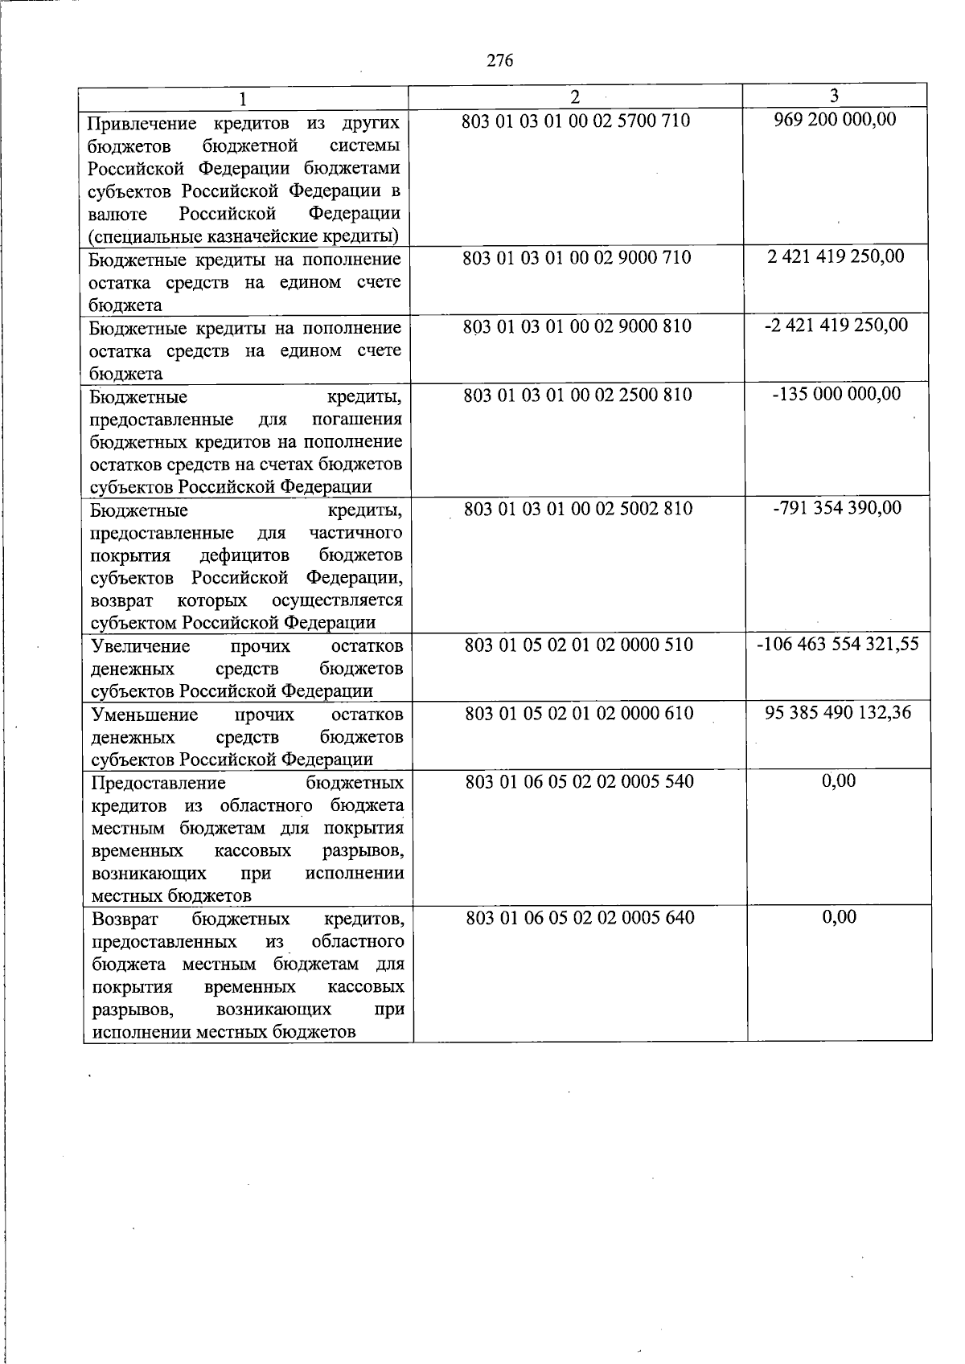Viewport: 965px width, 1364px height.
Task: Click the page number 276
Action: [499, 61]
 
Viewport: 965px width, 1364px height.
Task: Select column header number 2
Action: [574, 96]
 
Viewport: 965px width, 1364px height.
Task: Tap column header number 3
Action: [834, 96]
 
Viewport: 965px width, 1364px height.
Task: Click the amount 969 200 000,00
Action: [835, 120]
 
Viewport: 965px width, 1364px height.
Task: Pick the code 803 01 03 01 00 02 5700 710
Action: [576, 121]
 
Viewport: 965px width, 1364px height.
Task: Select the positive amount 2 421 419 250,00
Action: [836, 256]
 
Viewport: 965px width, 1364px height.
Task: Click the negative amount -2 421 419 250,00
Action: [836, 325]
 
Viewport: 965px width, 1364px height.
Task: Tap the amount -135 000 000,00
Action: [836, 394]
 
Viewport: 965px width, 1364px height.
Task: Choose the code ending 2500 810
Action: [577, 395]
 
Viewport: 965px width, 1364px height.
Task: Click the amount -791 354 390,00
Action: [836, 508]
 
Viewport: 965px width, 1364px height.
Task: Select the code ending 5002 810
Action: [578, 510]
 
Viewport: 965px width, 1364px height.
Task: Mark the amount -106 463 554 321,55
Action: [837, 645]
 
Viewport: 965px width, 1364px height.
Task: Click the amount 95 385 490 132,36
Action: [838, 713]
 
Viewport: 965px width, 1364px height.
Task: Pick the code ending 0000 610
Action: [578, 714]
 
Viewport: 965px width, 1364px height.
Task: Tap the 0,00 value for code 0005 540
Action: [839, 781]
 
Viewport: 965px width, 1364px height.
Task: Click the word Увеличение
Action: [141, 647]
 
